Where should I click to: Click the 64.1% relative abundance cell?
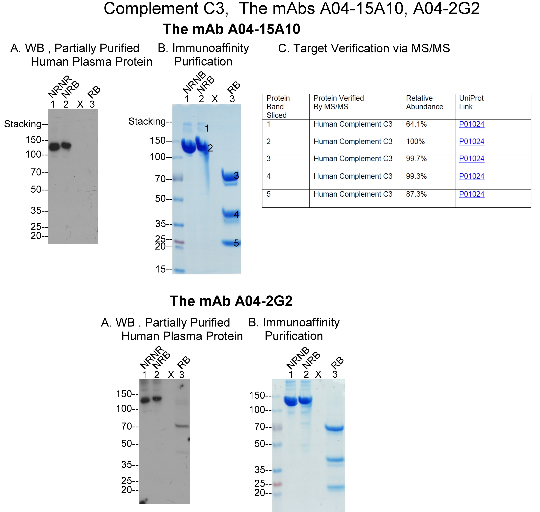click(x=416, y=124)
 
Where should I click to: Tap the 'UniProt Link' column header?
click(x=471, y=102)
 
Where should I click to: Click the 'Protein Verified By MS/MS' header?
click(x=339, y=102)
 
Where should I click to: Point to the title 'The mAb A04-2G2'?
click(x=231, y=301)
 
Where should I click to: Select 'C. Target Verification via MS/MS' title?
click(x=364, y=48)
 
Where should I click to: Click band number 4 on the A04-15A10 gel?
click(x=236, y=214)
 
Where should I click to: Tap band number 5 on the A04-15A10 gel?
click(x=236, y=243)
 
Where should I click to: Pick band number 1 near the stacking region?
click(x=207, y=128)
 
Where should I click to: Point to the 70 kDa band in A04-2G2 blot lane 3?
click(x=182, y=426)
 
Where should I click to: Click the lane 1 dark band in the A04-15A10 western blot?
click(x=54, y=147)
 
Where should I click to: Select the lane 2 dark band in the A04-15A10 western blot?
click(x=66, y=145)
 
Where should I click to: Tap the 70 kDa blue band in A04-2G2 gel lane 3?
click(x=334, y=428)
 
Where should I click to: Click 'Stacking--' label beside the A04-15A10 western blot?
click(x=26, y=124)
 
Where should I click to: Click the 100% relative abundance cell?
click(x=415, y=142)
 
